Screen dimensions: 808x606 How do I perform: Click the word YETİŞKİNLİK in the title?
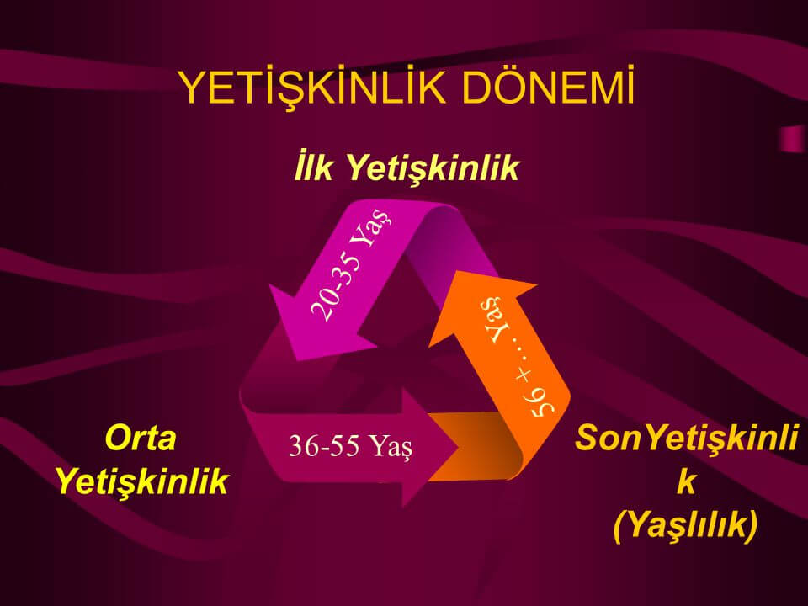click(313, 87)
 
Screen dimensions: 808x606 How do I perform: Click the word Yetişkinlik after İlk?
click(431, 168)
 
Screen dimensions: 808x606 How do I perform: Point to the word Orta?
click(141, 438)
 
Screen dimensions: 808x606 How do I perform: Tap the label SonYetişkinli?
click(687, 438)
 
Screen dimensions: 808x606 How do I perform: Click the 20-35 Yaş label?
click(349, 263)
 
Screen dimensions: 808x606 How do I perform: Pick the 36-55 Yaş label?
click(350, 446)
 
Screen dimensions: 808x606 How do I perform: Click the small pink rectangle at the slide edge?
click(794, 139)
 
